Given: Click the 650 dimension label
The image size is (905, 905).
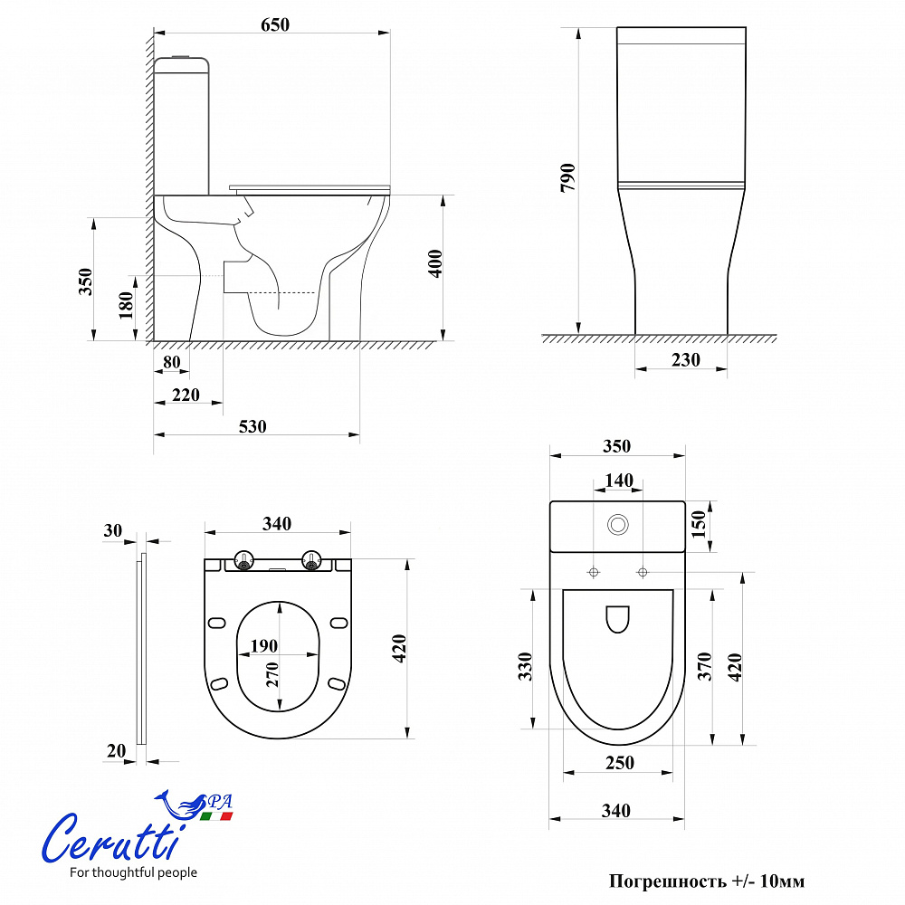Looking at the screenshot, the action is [275, 24].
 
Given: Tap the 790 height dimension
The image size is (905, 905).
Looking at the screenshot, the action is [568, 177].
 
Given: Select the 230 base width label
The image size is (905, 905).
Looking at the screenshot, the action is [686, 360].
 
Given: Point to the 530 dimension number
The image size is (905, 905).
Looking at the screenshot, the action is [252, 426].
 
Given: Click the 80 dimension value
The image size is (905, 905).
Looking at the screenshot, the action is [171, 362].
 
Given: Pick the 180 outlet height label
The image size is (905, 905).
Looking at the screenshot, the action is [126, 305].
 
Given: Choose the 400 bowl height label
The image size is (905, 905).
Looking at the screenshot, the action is [435, 263].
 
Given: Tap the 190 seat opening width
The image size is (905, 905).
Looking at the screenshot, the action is [263, 646].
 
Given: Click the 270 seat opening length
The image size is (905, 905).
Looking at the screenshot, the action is [271, 675].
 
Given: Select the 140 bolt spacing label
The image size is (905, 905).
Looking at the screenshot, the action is [619, 481].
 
